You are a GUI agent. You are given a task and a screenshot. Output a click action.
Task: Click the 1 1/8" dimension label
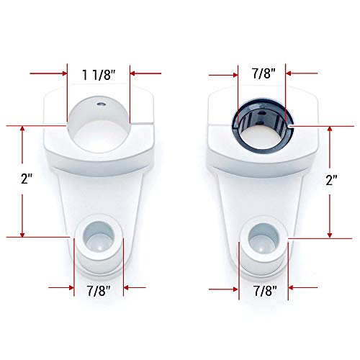coord(99,75)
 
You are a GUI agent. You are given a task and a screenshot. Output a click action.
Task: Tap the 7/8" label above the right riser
coord(264,73)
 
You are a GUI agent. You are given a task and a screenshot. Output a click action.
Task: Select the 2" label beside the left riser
coord(27,179)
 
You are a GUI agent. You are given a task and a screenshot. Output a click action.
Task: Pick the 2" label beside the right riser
coord(331,180)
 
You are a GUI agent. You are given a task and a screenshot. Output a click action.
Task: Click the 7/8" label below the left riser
coord(99,291)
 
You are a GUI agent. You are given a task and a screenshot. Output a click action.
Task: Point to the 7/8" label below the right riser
coord(265,291)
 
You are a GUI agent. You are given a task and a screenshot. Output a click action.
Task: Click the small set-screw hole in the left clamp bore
coord(101,104)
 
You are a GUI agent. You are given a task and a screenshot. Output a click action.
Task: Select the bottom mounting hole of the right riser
coord(264,238)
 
